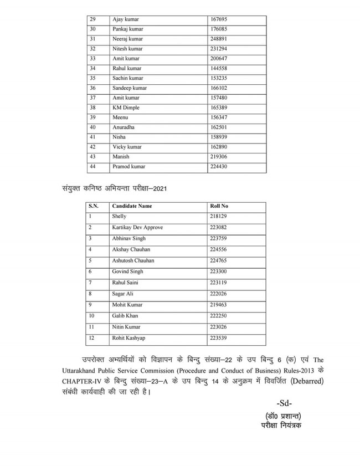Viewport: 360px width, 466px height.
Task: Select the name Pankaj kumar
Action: pos(127,29)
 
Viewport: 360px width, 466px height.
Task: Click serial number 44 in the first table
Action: pos(92,166)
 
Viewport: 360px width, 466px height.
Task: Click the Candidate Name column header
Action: pos(132,206)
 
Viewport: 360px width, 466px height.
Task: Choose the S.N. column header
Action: pos(93,206)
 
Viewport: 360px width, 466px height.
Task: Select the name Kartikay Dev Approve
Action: pos(137,227)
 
